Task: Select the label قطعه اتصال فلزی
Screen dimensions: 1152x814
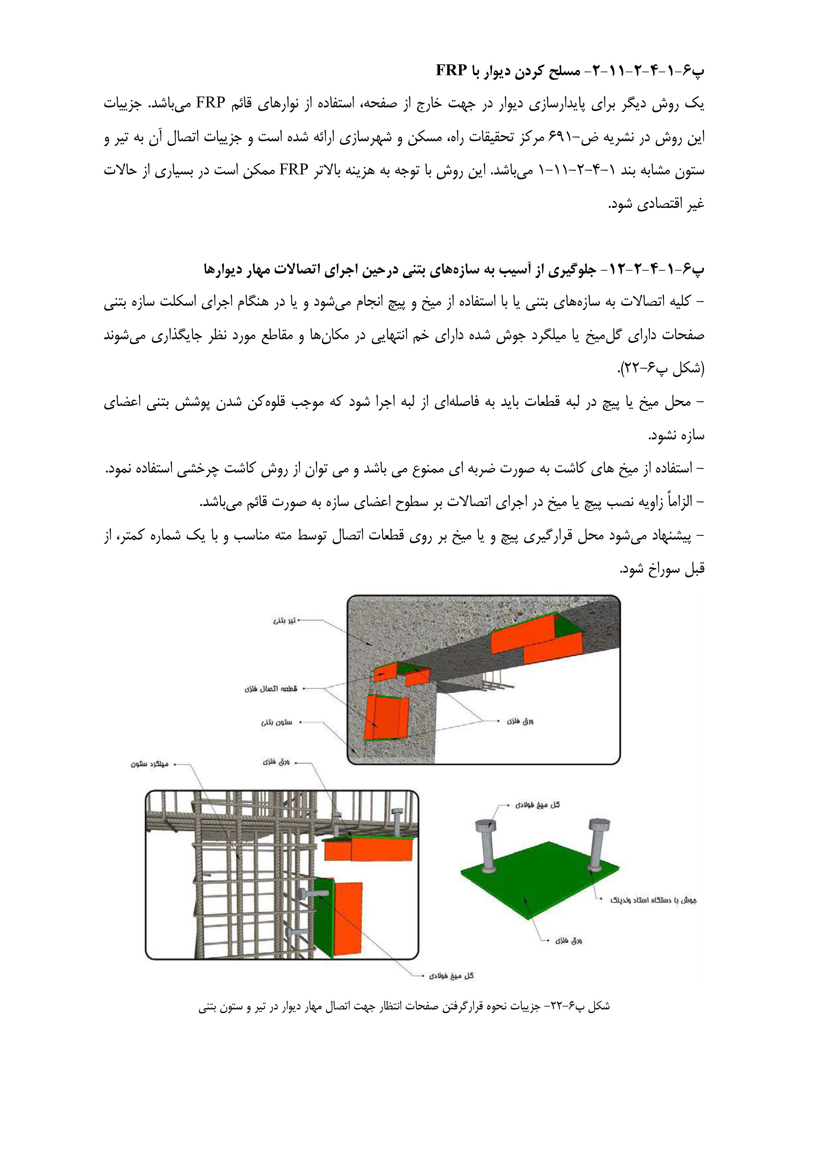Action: (271, 688)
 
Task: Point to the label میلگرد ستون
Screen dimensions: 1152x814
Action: (149, 764)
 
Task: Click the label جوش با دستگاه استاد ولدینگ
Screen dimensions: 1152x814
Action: (653, 900)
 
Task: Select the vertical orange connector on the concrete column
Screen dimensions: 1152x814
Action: (386, 718)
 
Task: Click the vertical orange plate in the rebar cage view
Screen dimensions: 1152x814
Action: (346, 918)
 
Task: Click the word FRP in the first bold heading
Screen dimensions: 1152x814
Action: (451, 71)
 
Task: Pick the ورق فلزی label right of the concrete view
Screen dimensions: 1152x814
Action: (520, 721)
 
